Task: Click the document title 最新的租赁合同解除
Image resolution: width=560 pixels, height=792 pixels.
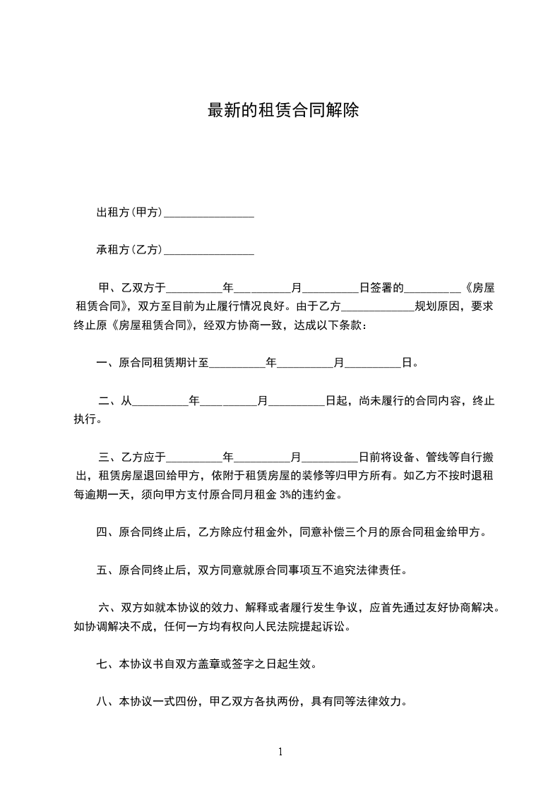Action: [283, 111]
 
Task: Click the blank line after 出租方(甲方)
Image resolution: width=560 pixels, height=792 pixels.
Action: [208, 212]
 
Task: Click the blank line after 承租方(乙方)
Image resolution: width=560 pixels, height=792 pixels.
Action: [208, 250]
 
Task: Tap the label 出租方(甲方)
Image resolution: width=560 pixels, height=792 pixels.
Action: [130, 212]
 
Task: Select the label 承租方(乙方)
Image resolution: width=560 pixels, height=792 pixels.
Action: [130, 250]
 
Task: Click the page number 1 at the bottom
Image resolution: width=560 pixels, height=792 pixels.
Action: [280, 752]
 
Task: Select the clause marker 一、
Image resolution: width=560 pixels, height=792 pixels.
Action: [107, 364]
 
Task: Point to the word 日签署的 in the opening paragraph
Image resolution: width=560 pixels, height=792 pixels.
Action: [381, 288]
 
